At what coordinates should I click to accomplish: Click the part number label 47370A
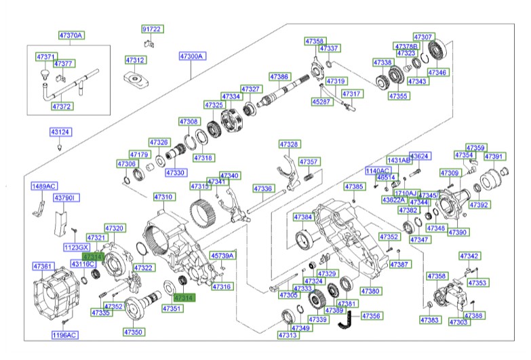coord(71,35)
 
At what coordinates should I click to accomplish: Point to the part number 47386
coord(279,77)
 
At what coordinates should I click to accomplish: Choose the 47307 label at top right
coord(423,36)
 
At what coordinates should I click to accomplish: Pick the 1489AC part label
coord(43,186)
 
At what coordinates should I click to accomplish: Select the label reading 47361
coord(43,266)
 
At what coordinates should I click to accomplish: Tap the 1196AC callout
coord(65,335)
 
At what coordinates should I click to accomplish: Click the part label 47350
coord(133,332)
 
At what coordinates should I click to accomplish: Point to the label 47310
coord(163,197)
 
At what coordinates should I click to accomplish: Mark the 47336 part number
coord(262,188)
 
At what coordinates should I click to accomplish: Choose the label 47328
coord(289,144)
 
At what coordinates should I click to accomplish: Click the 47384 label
coord(303,217)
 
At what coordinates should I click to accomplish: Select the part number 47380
coord(370,291)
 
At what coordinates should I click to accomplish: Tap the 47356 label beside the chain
coord(371,316)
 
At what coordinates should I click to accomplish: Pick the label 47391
coord(494,157)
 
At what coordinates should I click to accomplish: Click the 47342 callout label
coord(469,256)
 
